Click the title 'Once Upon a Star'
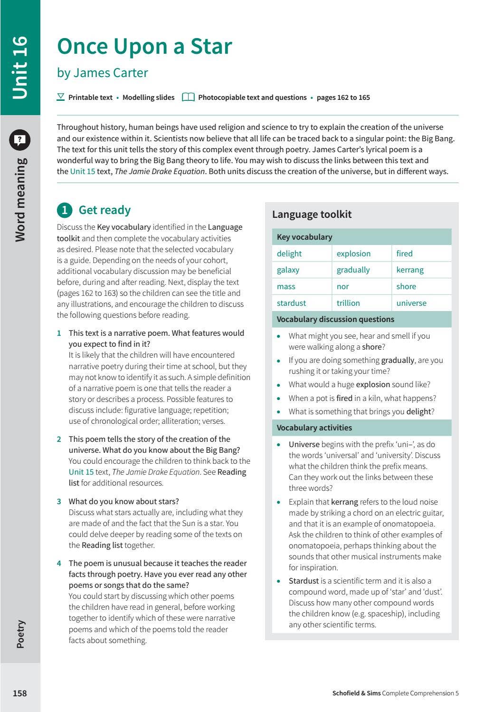144,47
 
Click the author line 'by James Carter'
103,73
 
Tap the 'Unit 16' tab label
20,67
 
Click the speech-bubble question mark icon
20,139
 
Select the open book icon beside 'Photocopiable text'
189,97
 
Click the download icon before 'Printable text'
61,97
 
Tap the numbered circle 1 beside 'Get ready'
65,210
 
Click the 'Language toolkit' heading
312,215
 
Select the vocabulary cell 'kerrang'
410,270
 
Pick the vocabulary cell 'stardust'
291,303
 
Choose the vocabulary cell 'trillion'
348,303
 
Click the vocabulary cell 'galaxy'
288,270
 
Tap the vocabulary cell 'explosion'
353,254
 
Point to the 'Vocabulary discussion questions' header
335,319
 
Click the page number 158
19,693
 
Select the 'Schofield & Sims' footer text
356,693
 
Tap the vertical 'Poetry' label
20,634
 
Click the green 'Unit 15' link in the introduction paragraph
83,171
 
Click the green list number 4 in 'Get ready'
59,563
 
